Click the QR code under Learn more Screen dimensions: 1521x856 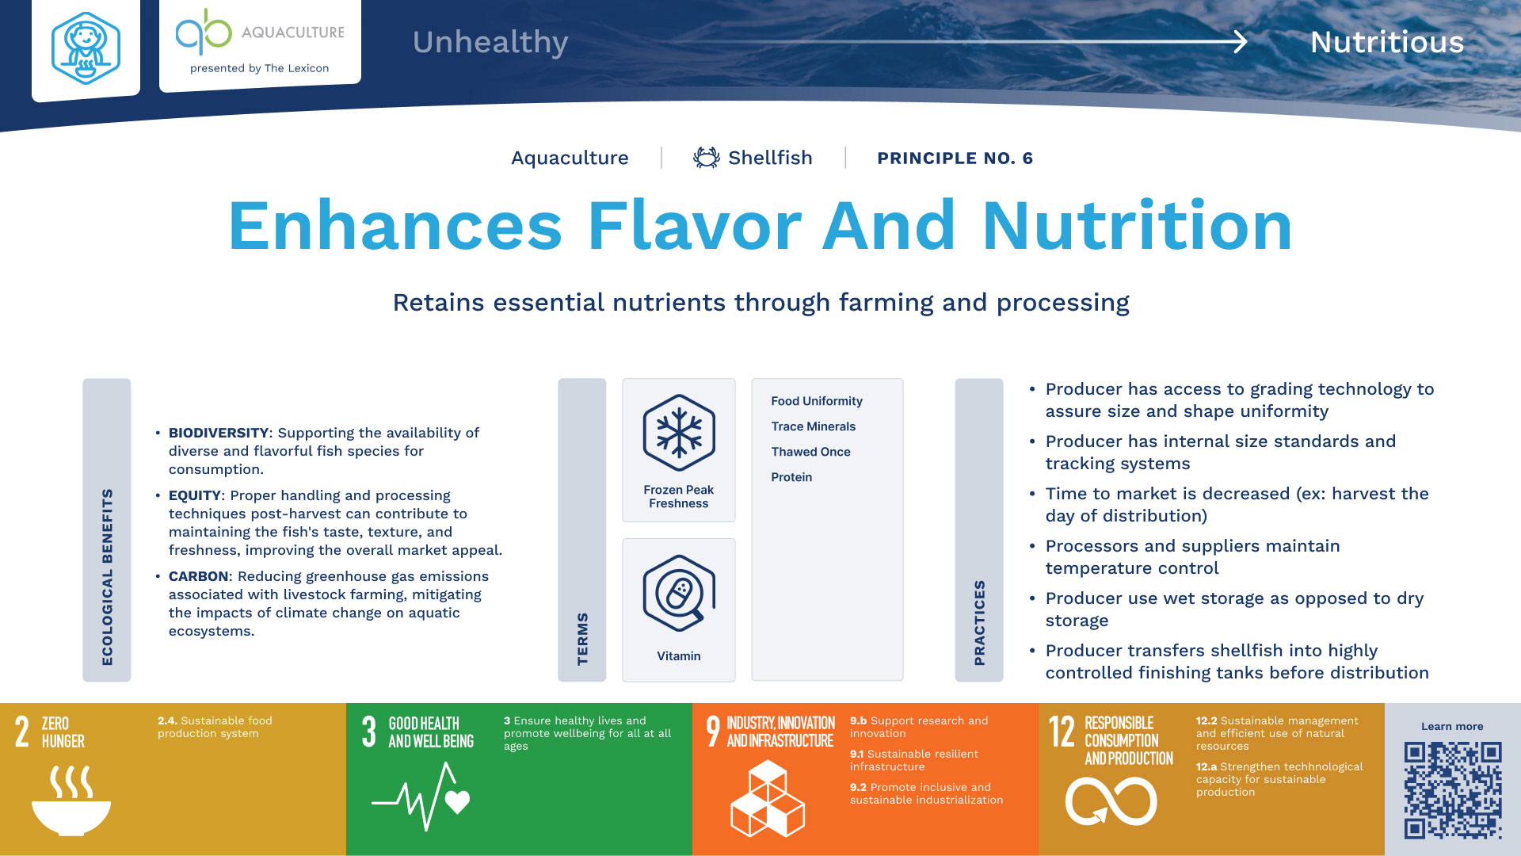pos(1453,790)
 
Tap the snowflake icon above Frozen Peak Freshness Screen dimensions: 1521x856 pos(679,433)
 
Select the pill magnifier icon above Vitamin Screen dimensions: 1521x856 pos(679,594)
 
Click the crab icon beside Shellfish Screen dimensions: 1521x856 pos(706,158)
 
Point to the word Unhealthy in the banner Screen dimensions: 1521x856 pos(490,43)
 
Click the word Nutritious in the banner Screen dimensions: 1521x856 pos(1387,42)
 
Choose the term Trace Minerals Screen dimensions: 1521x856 pos(814,426)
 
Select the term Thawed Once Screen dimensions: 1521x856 pos(810,452)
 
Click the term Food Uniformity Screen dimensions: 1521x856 pos(817,402)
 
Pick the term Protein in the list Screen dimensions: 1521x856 pos(791,477)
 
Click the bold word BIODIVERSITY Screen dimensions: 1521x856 pos(219,433)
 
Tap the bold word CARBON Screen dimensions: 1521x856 pos(198,576)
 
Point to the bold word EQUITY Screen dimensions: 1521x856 pos(195,495)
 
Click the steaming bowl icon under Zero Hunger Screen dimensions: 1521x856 pos(71,801)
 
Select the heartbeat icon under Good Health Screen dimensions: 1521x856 pos(421,797)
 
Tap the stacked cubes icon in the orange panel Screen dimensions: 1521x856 pos(767,798)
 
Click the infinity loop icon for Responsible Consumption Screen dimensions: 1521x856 pos(1111,801)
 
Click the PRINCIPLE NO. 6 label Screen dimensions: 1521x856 pos(955,159)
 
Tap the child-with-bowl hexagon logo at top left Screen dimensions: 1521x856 pos(86,48)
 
